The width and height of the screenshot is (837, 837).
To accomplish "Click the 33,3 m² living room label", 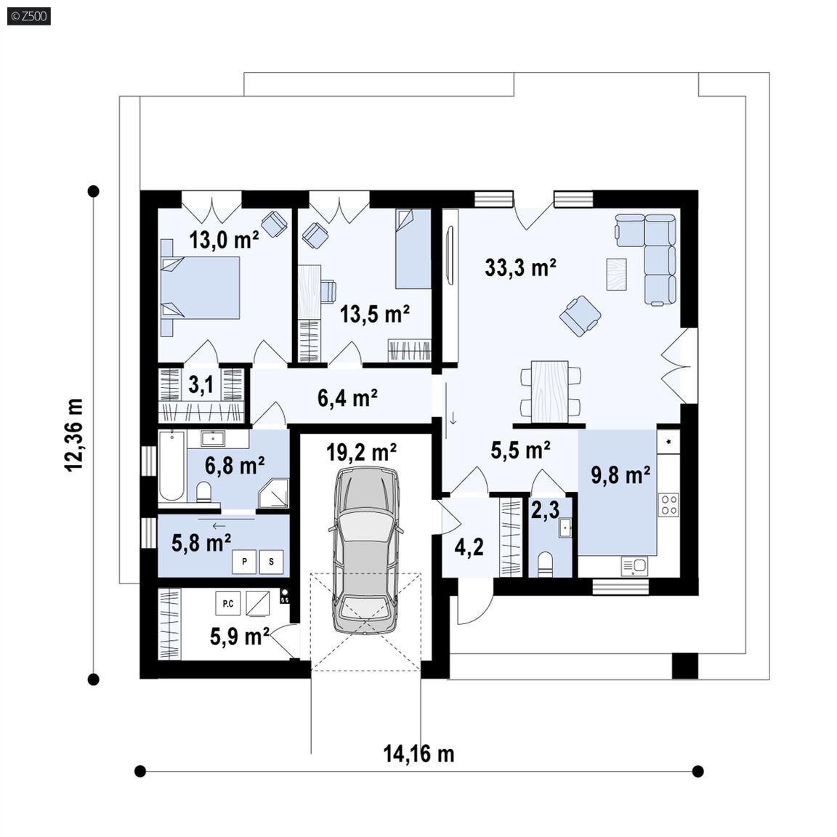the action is pos(520,267).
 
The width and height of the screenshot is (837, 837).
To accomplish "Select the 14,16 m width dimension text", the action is pos(419,753).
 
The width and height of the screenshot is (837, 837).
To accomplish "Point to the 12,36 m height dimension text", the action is pos(74,434).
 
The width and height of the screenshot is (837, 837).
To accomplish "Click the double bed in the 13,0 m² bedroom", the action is pos(201,288).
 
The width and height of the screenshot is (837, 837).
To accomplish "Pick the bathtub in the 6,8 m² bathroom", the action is pos(172,466).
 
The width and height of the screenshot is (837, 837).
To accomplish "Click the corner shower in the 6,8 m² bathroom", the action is pos(273,493).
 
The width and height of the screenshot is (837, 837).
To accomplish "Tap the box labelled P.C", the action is pos(228,604).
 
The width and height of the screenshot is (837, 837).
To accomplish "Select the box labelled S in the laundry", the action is pos(271,562).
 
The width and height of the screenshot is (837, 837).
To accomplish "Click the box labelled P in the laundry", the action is pos(244,562).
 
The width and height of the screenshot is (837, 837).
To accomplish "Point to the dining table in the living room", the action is pos(550,392).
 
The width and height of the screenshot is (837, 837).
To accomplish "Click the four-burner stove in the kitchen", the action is pos(668,505).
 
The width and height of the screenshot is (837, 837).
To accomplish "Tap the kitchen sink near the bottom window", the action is pos(635,567).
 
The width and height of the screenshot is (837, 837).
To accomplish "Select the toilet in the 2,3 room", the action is pos(545,565).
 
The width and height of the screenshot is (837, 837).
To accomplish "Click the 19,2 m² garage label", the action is pos(361,453).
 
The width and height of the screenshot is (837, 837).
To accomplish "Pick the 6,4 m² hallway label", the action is pos(347,397).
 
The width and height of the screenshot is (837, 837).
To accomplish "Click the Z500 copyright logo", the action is pos(29,16).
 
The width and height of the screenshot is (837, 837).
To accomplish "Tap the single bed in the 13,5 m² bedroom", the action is pos(413,248).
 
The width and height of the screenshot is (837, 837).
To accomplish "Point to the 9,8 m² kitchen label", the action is pos(620,474).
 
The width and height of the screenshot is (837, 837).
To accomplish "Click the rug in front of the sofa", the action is pos(617,275).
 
